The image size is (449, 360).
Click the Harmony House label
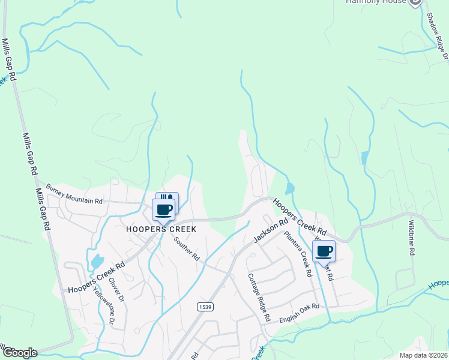coord(377,2)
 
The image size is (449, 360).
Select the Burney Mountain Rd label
coord(74,194)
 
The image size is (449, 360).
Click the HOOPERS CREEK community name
coord(161,229)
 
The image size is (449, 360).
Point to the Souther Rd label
coord(187,248)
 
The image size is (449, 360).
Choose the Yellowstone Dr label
coord(103,304)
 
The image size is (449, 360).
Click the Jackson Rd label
coord(267,230)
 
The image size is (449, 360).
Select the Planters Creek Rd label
coord(298,254)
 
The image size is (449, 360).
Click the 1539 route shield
coord(205,307)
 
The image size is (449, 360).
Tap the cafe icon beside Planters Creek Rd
coord(324,251)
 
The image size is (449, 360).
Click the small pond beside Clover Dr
coord(97,262)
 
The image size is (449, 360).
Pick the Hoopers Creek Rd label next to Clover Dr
coord(96,277)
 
